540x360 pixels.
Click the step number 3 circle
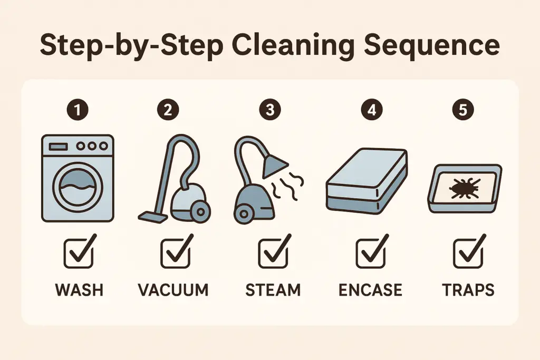pos(271,110)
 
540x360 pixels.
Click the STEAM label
pos(273,289)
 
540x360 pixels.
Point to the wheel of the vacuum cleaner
pos(199,211)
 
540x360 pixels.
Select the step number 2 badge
pos(168,110)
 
